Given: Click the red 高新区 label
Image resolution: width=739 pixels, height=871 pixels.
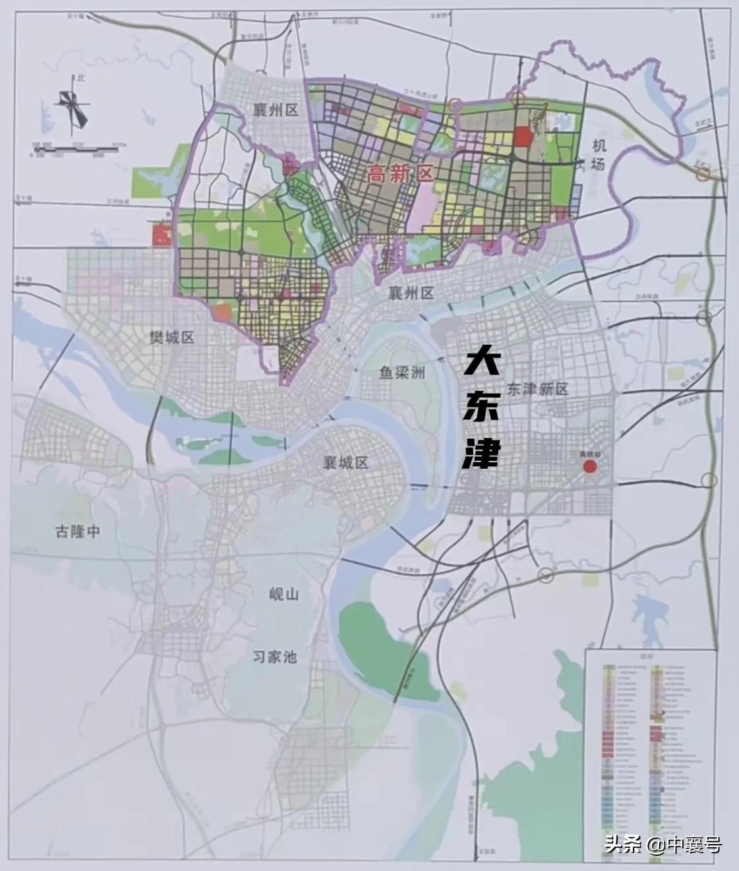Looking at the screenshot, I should click(399, 174).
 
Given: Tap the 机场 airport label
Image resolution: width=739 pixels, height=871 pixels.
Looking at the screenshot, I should click(597, 156).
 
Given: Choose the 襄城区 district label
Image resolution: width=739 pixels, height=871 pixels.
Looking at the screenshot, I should click(341, 462).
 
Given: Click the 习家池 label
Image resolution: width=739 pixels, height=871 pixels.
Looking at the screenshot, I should click(276, 656).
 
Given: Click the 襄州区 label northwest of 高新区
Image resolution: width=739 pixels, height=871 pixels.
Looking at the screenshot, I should click(276, 110).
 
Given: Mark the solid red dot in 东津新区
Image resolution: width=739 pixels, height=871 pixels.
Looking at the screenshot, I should click(590, 467).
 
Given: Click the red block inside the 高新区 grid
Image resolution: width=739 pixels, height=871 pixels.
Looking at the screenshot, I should click(522, 136).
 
